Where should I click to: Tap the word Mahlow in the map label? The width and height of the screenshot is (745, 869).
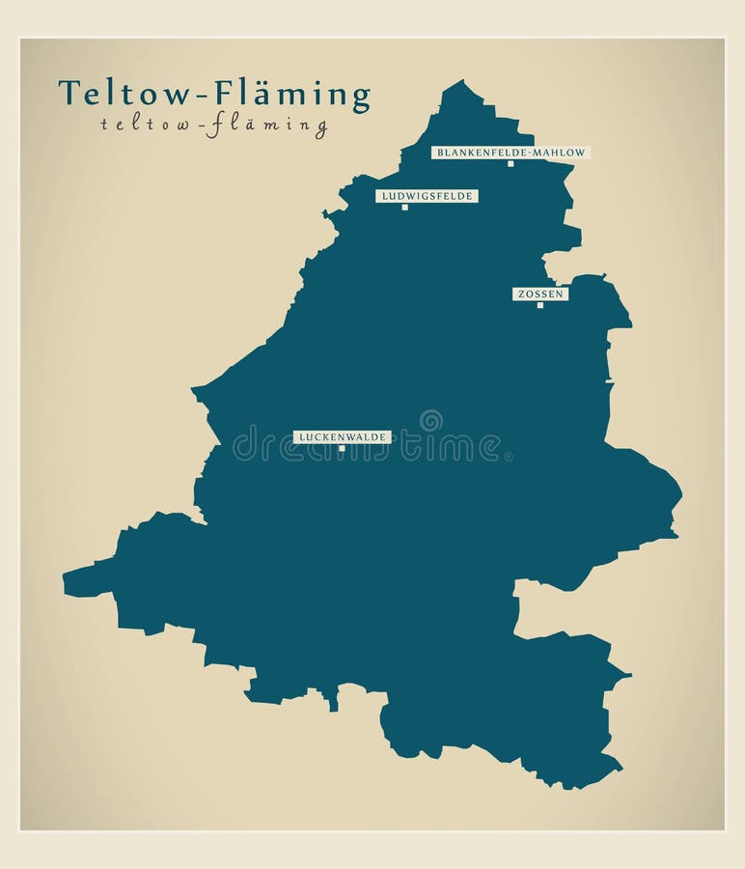click(562, 153)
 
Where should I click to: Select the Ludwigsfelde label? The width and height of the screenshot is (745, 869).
click(427, 196)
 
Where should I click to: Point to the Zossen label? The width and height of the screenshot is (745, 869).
click(539, 294)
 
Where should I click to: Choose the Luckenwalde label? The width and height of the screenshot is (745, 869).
click(342, 437)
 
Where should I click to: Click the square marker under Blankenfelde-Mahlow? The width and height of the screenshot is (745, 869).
click(510, 164)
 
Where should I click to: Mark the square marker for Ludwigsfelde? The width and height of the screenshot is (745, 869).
click(404, 207)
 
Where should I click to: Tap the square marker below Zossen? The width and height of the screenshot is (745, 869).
click(539, 305)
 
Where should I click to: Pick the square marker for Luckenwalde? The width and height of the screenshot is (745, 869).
click(342, 448)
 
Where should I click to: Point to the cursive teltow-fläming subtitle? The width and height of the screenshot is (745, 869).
click(213, 124)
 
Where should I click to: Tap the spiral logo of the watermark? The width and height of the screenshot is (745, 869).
click(430, 420)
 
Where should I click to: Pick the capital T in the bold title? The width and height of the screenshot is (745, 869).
click(69, 93)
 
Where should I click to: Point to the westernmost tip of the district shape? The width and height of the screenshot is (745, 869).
click(64, 581)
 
